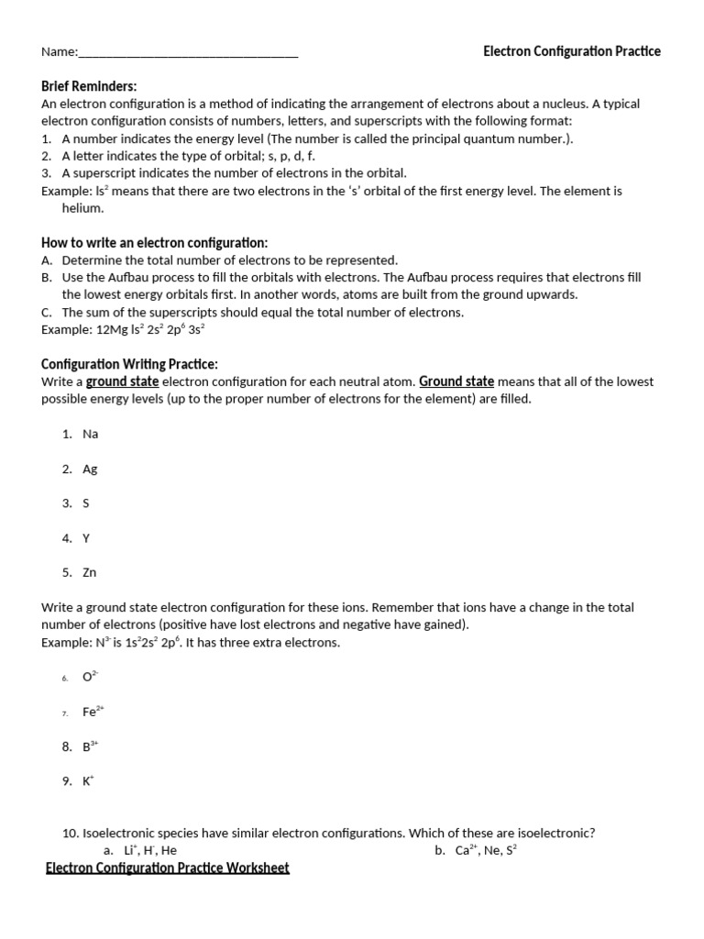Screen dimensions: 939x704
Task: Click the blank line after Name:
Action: click(188, 53)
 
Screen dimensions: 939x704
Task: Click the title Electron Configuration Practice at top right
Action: click(571, 51)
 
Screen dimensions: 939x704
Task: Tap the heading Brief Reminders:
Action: click(89, 86)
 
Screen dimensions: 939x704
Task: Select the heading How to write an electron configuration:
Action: click(154, 243)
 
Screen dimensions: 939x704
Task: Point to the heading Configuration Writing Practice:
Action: click(129, 364)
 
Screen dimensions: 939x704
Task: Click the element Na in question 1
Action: click(90, 434)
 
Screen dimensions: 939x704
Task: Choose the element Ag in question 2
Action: click(90, 469)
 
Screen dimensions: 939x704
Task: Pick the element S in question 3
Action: click(86, 503)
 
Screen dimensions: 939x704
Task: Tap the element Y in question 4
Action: click(86, 538)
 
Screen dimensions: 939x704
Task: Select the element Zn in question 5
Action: click(90, 572)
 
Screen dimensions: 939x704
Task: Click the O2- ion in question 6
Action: click(90, 677)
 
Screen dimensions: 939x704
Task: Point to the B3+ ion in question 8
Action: click(90, 746)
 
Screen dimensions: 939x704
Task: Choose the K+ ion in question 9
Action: click(88, 781)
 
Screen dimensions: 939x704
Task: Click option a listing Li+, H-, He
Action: click(149, 850)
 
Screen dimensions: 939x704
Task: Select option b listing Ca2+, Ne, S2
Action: click(486, 850)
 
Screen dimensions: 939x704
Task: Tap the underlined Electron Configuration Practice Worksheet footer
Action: click(168, 867)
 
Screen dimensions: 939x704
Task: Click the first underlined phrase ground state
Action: click(122, 381)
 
